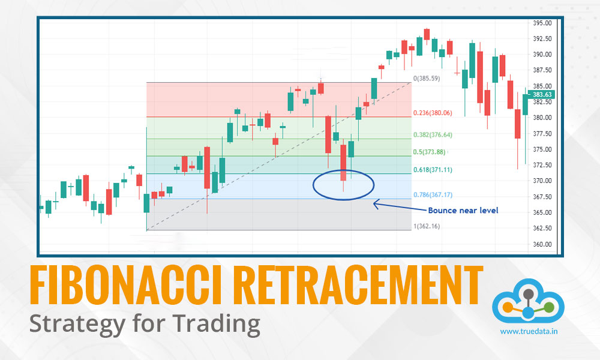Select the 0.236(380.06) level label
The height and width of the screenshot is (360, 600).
click(433, 113)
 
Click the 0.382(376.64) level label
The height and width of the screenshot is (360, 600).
click(433, 135)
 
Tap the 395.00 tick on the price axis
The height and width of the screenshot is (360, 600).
click(542, 23)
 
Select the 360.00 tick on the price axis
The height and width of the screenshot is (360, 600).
click(542, 244)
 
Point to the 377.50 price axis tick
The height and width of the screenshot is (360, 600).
click(542, 133)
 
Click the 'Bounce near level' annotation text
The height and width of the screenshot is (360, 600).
click(463, 211)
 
